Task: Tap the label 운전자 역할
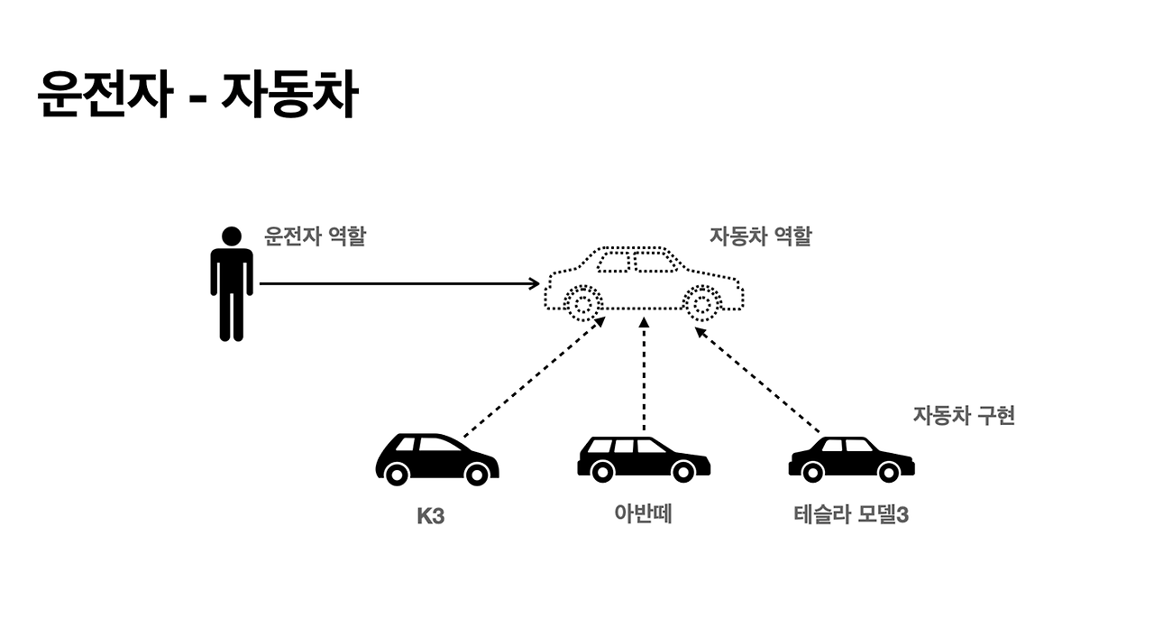point(315,236)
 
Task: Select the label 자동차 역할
point(760,236)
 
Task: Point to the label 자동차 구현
point(964,416)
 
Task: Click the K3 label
point(431,518)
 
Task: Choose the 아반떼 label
point(644,514)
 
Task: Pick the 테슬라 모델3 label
point(850,516)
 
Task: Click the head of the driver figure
point(232,236)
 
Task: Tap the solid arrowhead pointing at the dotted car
point(535,283)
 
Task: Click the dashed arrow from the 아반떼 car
point(644,374)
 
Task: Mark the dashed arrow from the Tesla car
point(757,379)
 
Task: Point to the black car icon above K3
point(436,458)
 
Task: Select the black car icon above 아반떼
point(643,458)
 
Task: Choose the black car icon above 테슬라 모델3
point(851,458)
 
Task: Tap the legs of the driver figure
point(232,316)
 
